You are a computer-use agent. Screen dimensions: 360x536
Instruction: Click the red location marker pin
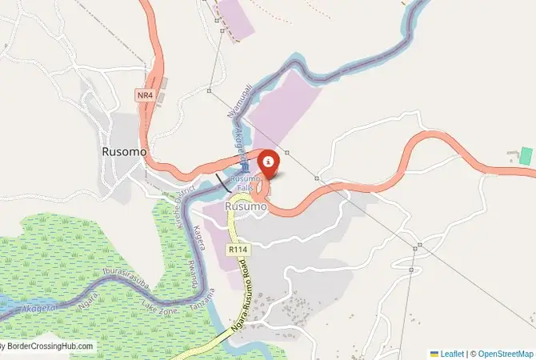269,163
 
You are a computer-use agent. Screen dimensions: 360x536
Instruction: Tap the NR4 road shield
144,95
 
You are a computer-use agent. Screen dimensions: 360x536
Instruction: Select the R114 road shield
236,250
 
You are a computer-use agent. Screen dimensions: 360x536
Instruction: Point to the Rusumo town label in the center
246,206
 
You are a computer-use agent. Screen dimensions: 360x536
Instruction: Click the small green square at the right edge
526,156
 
